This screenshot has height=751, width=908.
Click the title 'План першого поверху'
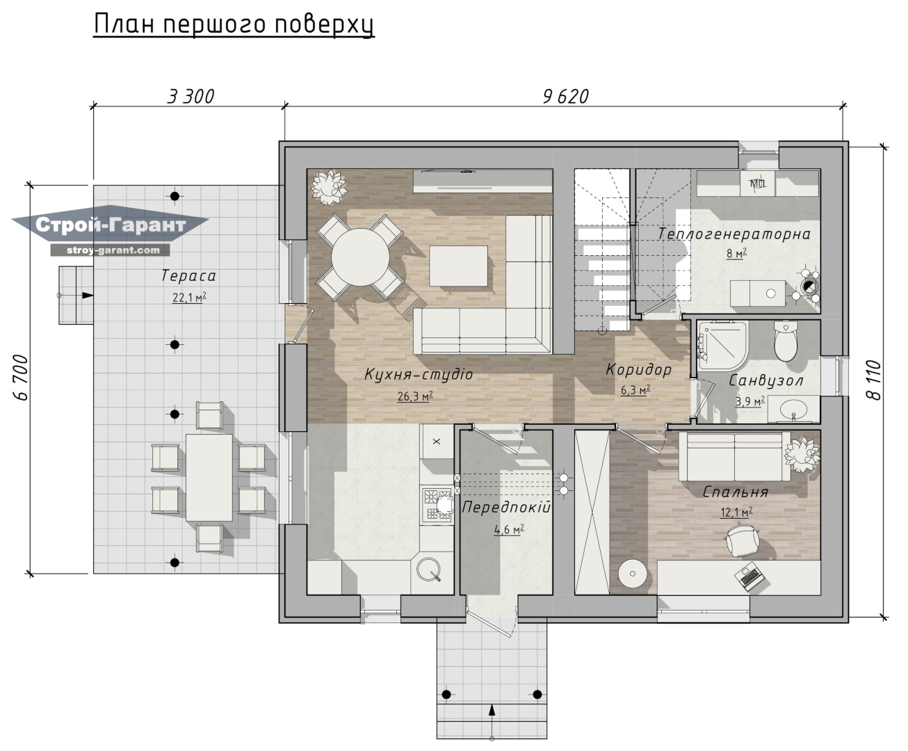(234, 24)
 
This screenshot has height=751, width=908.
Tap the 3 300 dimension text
(191, 97)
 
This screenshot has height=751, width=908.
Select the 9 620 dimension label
(565, 97)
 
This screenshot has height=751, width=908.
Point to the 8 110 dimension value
(874, 380)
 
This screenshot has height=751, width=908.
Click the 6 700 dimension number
(21, 378)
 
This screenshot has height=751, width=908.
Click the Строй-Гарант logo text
(111, 225)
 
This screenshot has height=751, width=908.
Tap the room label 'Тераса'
(188, 275)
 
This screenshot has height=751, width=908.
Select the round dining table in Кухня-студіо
(361, 257)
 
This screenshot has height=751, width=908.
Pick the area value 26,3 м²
(415, 396)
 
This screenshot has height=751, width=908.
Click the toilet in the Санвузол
(786, 341)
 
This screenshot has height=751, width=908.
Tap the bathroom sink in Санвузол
(793, 409)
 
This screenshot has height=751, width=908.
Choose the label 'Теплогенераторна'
(733, 234)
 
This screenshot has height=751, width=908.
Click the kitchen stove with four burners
(437, 505)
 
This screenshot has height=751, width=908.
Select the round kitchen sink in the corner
(429, 570)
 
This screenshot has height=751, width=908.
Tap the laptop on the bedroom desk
(749, 576)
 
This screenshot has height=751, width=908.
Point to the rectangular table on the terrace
(209, 478)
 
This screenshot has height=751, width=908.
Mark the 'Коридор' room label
(638, 370)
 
